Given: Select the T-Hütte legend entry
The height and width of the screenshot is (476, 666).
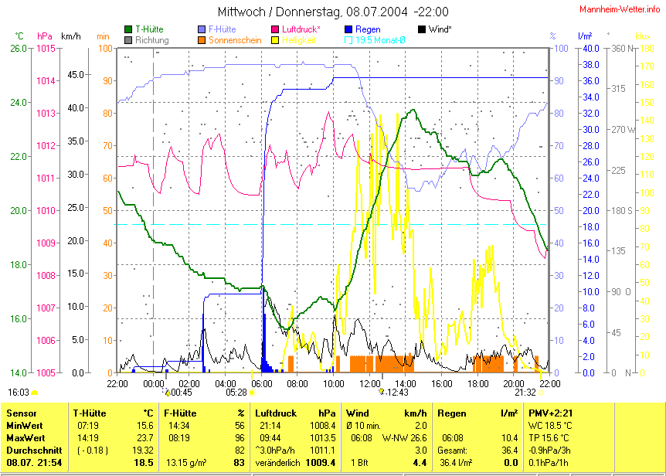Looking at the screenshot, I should tap(148, 29).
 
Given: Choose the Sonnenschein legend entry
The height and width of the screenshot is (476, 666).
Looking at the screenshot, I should tap(234, 39).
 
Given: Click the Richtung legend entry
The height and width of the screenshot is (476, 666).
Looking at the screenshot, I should tap(151, 39).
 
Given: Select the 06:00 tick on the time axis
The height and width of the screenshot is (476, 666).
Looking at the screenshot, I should tap(262, 382).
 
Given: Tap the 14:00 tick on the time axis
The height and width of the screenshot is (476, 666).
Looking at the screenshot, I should tap(406, 382).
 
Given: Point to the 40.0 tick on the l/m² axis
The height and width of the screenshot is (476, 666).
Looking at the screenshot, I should tap(590, 48).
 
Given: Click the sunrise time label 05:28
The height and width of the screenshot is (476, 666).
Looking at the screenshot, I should tap(236, 393).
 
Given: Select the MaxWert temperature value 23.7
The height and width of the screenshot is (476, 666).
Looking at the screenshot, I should tap(144, 437).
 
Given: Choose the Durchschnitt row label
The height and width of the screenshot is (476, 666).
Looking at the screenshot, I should tap(32, 450).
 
